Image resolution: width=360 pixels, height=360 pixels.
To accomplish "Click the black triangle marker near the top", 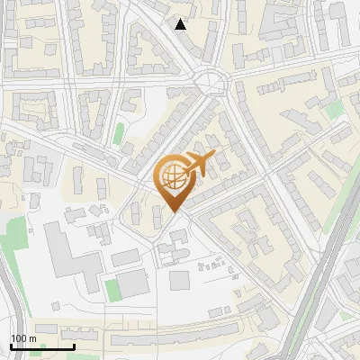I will pyautogui.click(x=181, y=24).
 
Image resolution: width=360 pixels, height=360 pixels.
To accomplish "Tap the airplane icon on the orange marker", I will pyautogui.click(x=197, y=164).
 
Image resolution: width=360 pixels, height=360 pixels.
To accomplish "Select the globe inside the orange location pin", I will pyautogui.click(x=170, y=178).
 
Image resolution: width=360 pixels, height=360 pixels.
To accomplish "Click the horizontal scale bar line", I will pyautogui.click(x=42, y=346).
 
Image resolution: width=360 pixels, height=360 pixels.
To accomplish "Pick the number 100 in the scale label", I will pyautogui.click(x=20, y=338).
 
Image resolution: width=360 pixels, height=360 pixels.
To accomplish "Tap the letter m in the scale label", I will pyautogui.click(x=33, y=338).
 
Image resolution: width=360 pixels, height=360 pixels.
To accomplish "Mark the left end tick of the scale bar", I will pyautogui.click(x=11, y=346).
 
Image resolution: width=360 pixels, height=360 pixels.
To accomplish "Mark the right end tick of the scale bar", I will pyautogui.click(x=74, y=346).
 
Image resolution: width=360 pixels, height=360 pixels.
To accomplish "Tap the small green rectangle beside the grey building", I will pyautogui.click(x=112, y=290).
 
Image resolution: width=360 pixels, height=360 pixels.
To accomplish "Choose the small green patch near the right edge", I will pyautogui.click(x=335, y=110).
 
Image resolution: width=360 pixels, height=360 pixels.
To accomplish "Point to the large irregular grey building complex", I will pyautogui.click(x=72, y=256).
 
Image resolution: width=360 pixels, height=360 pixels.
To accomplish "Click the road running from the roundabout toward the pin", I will pyautogui.click(x=191, y=126).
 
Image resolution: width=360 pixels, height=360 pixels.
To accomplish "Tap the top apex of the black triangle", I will pyautogui.click(x=181, y=18).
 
